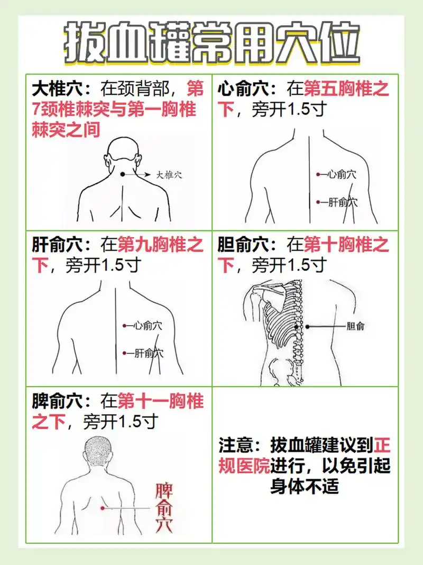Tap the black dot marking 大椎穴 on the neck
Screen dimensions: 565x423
[x=122, y=174]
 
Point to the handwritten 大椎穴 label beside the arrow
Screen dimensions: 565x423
[x=169, y=175]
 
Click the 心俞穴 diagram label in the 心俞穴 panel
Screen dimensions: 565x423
[x=341, y=174]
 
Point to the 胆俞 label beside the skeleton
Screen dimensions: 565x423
[x=355, y=327]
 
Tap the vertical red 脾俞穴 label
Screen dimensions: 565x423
[x=164, y=507]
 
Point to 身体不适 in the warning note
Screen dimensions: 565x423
[x=304, y=486]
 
